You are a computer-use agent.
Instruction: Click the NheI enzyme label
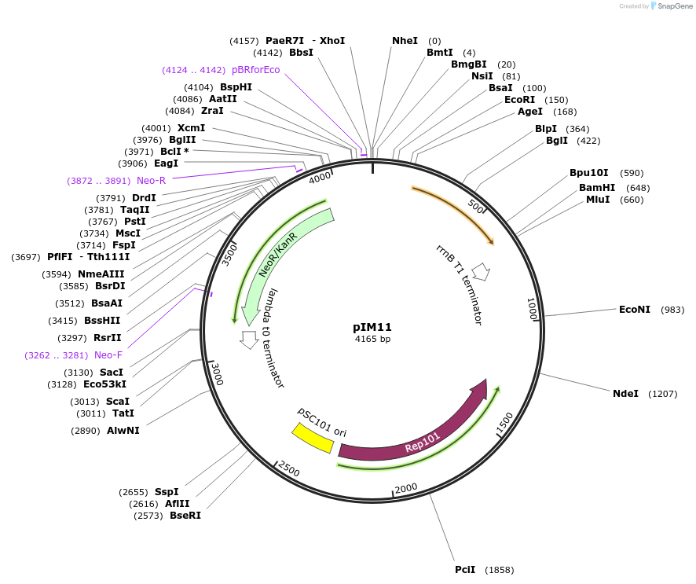click(x=405, y=41)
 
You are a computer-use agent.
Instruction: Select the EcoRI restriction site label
click(x=519, y=100)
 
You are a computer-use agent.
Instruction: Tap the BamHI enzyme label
click(x=597, y=188)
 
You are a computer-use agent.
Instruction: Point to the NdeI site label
click(x=625, y=393)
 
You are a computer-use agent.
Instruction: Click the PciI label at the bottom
click(x=465, y=569)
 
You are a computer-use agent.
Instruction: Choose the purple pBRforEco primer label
click(x=255, y=70)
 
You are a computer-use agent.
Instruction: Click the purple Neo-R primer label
click(x=151, y=181)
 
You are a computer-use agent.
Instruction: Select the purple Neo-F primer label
click(x=108, y=355)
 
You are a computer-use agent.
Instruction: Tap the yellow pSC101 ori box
click(x=312, y=438)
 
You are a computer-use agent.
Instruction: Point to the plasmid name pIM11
click(x=372, y=327)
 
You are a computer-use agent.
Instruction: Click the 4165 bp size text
click(x=372, y=340)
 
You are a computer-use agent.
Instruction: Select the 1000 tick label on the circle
click(x=532, y=308)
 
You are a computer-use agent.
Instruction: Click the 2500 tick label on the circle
click(x=289, y=470)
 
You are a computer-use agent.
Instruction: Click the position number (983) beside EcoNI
click(x=672, y=310)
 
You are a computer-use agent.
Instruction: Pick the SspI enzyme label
click(x=167, y=492)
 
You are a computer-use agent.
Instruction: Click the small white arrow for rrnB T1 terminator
click(x=481, y=272)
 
